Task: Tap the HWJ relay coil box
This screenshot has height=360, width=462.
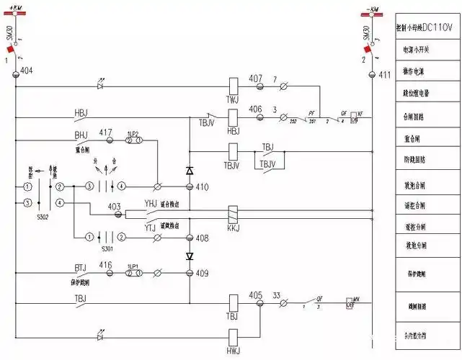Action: click(233, 336)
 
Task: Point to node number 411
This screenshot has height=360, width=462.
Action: click(384, 74)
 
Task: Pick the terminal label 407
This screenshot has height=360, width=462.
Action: click(256, 78)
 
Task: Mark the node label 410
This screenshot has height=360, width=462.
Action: click(202, 187)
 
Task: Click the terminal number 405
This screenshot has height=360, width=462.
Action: click(256, 294)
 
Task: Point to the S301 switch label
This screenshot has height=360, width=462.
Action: click(107, 248)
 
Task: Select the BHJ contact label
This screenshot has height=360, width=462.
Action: click(80, 135)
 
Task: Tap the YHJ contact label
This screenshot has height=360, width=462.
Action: click(150, 204)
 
